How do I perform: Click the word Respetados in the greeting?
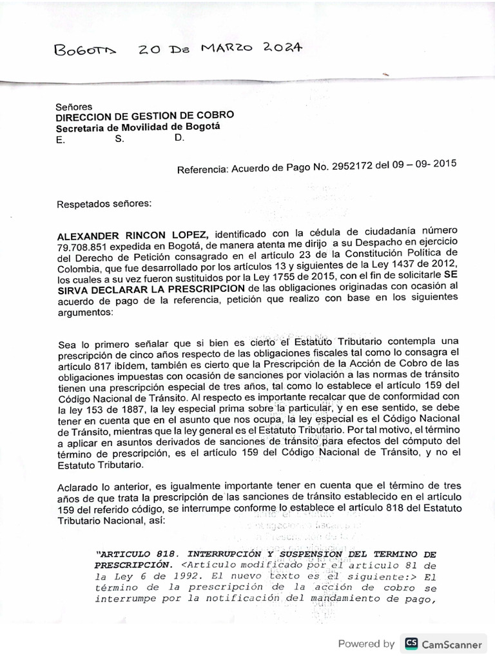click(82, 204)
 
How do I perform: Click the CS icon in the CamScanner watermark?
click(411, 644)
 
